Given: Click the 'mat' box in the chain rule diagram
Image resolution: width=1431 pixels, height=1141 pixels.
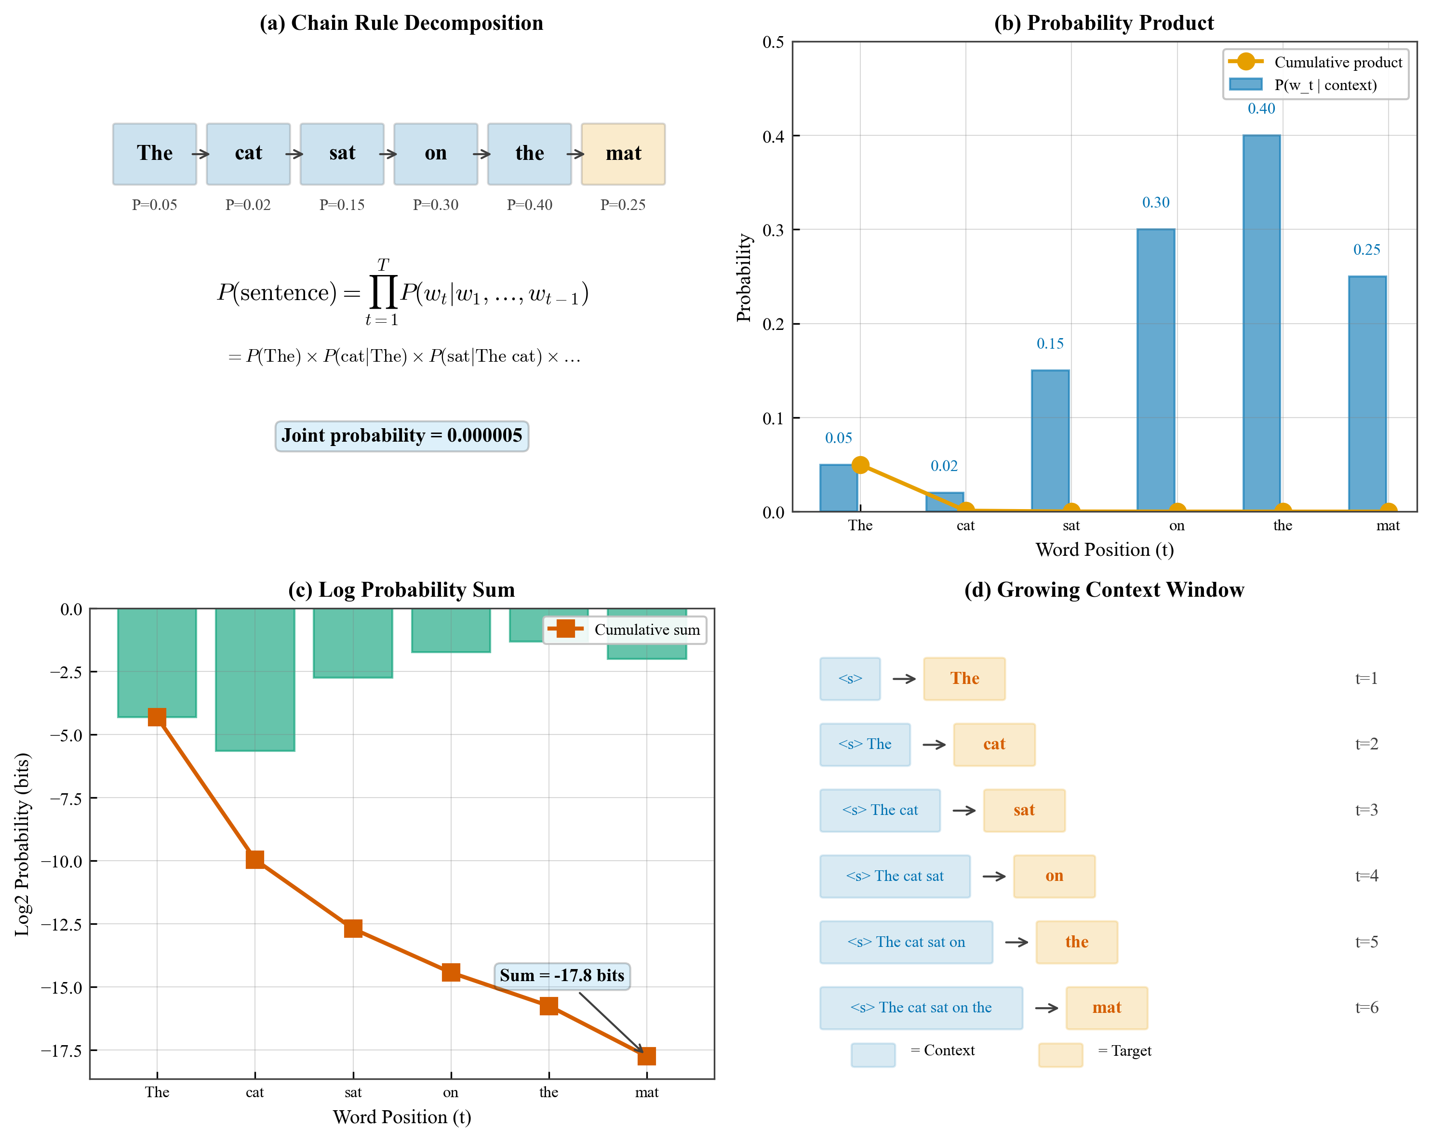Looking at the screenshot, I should click(x=623, y=154).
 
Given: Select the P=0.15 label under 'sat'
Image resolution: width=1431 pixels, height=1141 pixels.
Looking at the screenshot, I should click(x=342, y=205).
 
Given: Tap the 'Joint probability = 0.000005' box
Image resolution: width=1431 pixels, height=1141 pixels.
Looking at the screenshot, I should click(x=401, y=436).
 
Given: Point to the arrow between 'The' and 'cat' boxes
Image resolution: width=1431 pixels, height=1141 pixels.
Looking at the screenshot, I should click(x=201, y=154).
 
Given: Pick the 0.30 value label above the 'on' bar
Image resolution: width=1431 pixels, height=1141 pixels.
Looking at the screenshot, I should click(x=1156, y=202).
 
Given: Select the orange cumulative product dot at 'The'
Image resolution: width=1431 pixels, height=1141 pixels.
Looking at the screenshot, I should click(x=860, y=465).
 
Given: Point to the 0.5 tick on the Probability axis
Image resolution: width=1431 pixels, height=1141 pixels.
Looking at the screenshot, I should click(x=773, y=42).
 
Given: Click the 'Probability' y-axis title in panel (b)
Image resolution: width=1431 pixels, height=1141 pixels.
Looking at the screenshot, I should click(x=744, y=277).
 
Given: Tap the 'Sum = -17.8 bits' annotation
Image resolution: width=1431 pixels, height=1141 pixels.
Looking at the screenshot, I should click(x=562, y=976).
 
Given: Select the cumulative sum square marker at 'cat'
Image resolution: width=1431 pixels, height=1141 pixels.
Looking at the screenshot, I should click(x=255, y=860).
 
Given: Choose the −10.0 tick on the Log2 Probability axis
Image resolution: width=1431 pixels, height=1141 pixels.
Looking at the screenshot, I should click(x=61, y=861).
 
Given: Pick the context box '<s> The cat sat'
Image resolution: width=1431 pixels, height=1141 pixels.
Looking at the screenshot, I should click(x=895, y=876).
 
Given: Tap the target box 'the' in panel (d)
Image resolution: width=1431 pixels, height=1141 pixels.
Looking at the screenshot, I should click(x=1077, y=942).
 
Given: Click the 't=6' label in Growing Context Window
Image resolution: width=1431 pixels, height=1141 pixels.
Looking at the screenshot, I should click(x=1366, y=1008).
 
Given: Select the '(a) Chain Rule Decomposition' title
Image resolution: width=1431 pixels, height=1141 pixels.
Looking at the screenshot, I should click(x=401, y=23).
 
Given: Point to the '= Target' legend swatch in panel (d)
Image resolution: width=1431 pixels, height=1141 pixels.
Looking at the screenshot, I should click(x=1060, y=1055).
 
